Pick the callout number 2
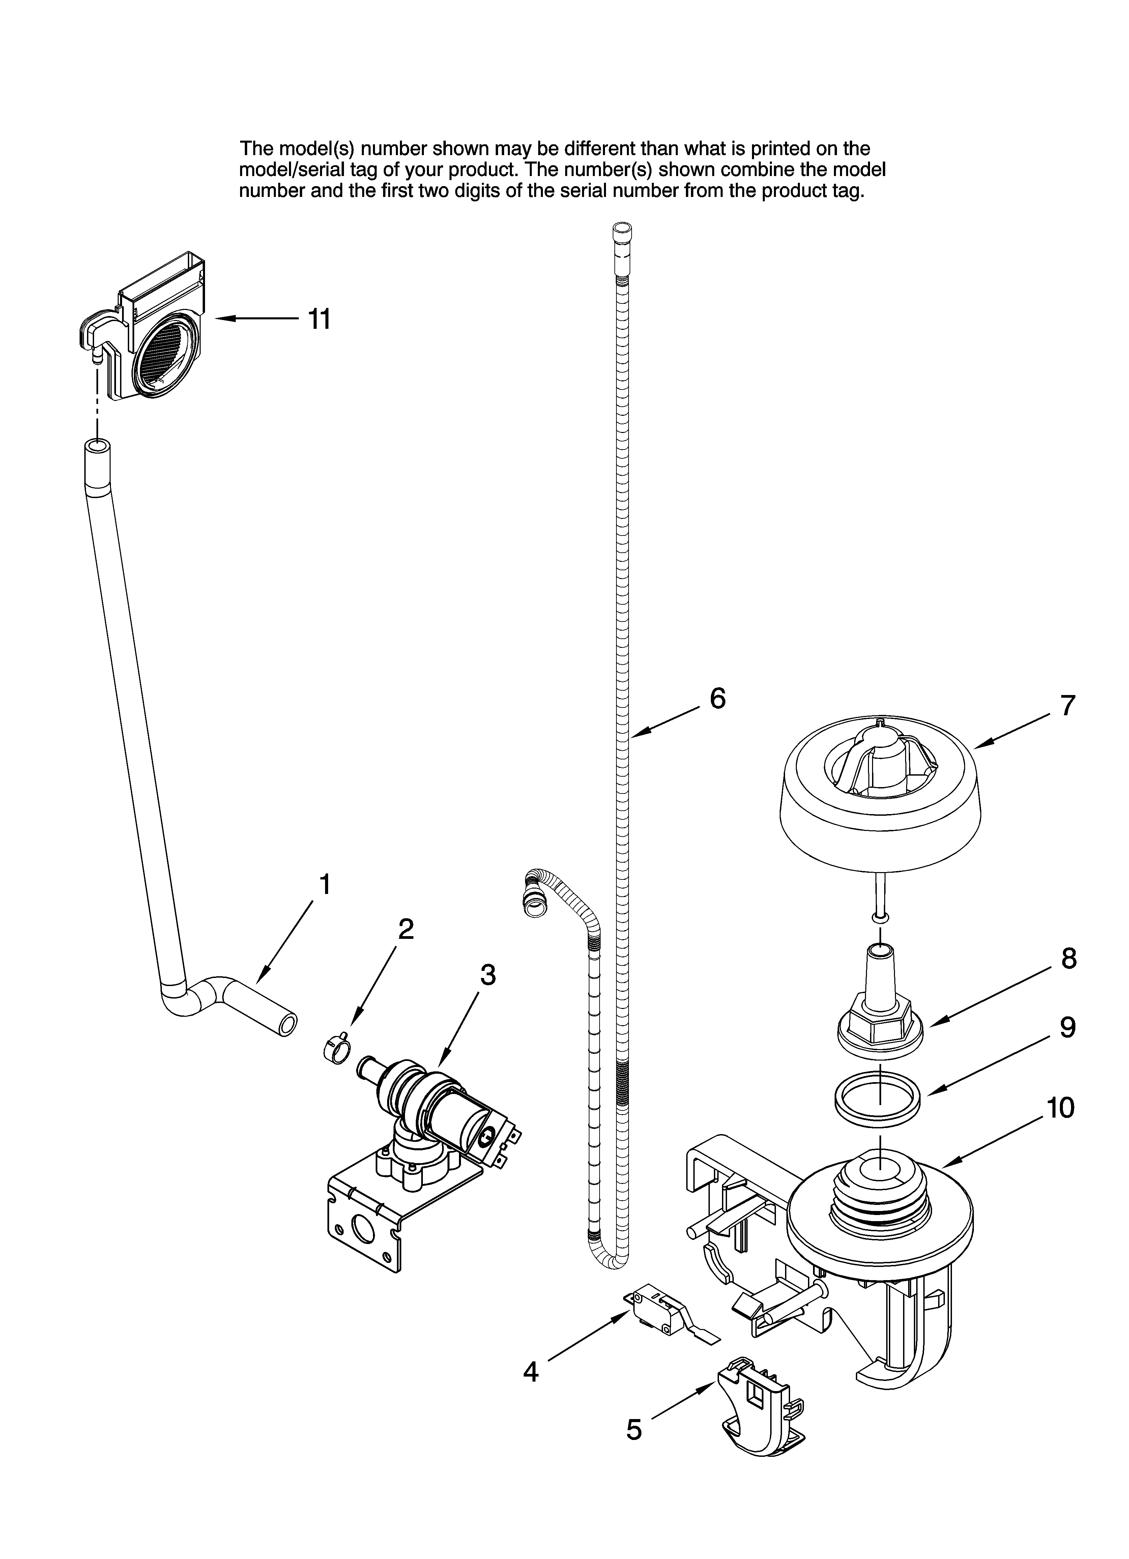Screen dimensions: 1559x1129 [406, 929]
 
